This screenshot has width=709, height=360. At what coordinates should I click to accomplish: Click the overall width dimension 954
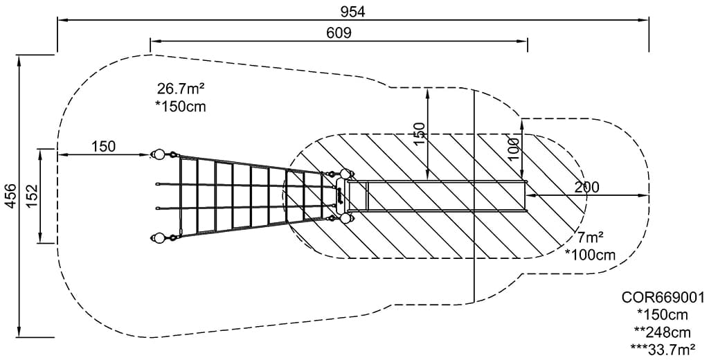click(x=353, y=11)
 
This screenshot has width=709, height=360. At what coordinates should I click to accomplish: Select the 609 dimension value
click(x=339, y=33)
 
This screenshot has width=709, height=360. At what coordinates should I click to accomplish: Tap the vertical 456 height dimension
click(x=10, y=196)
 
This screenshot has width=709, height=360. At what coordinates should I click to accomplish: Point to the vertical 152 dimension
click(x=32, y=196)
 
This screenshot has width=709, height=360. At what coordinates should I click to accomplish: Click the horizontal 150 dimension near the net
click(x=103, y=146)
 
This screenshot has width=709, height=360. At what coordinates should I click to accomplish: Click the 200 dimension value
click(x=586, y=187)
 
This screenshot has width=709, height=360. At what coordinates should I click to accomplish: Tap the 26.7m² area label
click(x=181, y=89)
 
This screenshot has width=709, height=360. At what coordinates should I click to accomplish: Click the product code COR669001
click(x=662, y=298)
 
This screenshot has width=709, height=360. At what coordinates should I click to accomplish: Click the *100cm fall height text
click(x=590, y=255)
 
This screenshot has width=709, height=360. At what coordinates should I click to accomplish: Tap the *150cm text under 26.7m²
click(x=181, y=107)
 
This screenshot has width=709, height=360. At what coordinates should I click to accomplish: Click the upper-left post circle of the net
click(x=159, y=154)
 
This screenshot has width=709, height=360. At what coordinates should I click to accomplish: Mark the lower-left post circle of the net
click(x=159, y=239)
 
